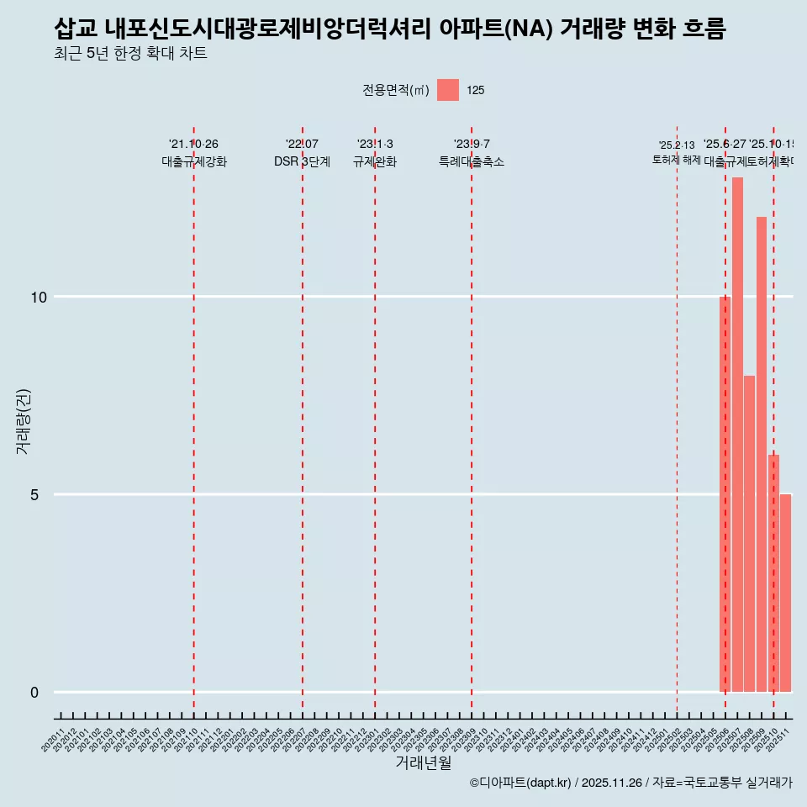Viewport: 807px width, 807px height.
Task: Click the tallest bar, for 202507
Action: (x=737, y=435)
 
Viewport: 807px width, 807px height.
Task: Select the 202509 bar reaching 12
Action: (x=762, y=454)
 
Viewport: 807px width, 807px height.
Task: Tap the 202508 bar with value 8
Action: (x=749, y=534)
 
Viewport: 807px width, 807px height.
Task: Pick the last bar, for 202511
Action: (x=785, y=593)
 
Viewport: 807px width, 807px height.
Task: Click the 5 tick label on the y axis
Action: (x=35, y=494)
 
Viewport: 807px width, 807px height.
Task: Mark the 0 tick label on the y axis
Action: (x=35, y=692)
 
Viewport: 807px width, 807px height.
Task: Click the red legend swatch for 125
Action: (x=448, y=90)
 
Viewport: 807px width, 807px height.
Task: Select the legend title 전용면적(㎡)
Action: (x=396, y=91)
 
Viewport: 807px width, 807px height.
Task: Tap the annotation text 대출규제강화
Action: (x=194, y=161)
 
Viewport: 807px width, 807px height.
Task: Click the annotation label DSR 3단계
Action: (x=302, y=161)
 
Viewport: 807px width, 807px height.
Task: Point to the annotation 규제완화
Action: (x=375, y=161)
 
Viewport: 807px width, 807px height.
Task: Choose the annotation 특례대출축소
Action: (x=472, y=161)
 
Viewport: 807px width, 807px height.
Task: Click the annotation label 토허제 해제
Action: (x=677, y=160)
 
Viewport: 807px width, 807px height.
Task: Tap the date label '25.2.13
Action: (x=677, y=145)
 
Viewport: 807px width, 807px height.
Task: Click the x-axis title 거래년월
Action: (x=424, y=763)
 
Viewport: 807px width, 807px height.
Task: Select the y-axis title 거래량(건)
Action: (x=24, y=420)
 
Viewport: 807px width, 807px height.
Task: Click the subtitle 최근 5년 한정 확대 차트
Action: (x=130, y=54)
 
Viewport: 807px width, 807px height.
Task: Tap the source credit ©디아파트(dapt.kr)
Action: (x=520, y=783)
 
